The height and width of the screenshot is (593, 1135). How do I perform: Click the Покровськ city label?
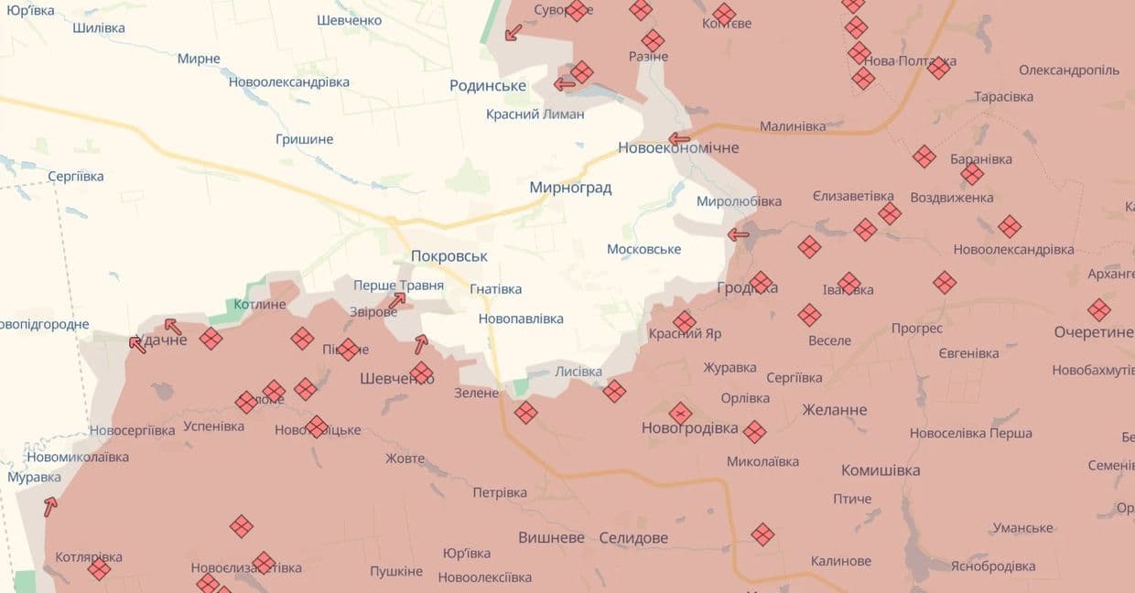click(x=449, y=256)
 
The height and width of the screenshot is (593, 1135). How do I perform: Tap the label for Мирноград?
click(x=570, y=188)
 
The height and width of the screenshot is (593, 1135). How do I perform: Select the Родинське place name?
click(x=487, y=85)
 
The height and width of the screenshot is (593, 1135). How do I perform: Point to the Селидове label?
click(x=632, y=538)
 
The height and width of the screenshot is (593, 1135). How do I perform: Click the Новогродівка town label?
click(x=689, y=427)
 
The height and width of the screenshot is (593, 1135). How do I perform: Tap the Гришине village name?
click(x=304, y=139)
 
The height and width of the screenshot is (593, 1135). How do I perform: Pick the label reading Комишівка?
click(x=881, y=470)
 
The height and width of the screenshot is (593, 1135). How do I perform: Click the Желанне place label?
click(x=835, y=409)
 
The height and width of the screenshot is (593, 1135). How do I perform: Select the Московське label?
click(x=643, y=249)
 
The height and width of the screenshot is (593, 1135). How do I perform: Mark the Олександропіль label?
click(x=1069, y=70)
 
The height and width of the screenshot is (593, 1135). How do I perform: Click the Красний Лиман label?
click(x=535, y=114)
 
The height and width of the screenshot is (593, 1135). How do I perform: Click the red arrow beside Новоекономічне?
click(x=678, y=139)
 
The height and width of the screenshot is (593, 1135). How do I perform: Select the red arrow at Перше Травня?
click(x=396, y=300)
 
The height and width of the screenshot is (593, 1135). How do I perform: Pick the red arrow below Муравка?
click(x=50, y=505)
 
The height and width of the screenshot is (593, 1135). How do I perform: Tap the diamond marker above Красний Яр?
click(x=685, y=321)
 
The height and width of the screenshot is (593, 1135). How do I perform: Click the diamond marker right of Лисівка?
click(x=614, y=392)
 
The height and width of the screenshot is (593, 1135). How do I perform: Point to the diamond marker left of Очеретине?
click(x=1098, y=310)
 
